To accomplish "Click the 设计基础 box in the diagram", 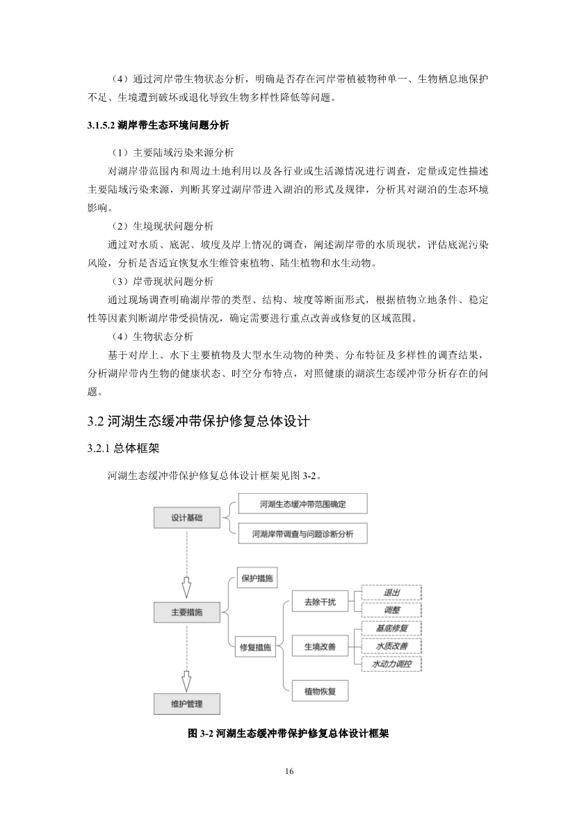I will click(x=187, y=518).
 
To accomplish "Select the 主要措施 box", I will click(x=186, y=612).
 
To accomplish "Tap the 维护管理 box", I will click(x=186, y=704).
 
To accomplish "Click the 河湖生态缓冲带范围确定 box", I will click(x=302, y=504).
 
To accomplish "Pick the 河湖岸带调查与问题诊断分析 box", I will click(x=302, y=533).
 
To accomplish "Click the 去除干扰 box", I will click(x=319, y=602).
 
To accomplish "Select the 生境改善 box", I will click(x=319, y=647).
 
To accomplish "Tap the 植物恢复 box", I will click(x=319, y=691).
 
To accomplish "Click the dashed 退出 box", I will click(x=391, y=593).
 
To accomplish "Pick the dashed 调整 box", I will click(x=391, y=610).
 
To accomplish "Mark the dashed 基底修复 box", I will click(x=391, y=628).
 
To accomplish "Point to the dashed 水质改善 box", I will click(x=391, y=646).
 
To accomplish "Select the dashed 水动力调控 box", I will click(x=391, y=664).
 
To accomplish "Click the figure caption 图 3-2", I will click(x=288, y=733).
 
